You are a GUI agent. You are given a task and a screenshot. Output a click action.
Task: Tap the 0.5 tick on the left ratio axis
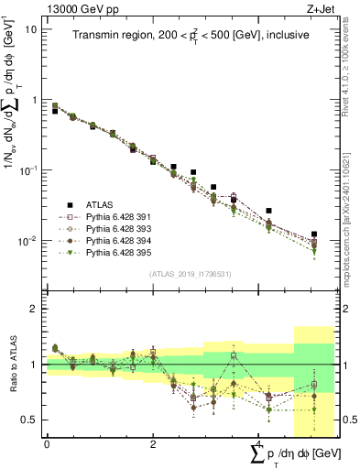pos(30,420)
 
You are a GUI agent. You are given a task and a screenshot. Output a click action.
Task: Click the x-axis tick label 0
pos(47,444)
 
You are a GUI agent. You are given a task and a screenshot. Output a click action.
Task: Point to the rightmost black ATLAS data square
pos(314,234)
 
